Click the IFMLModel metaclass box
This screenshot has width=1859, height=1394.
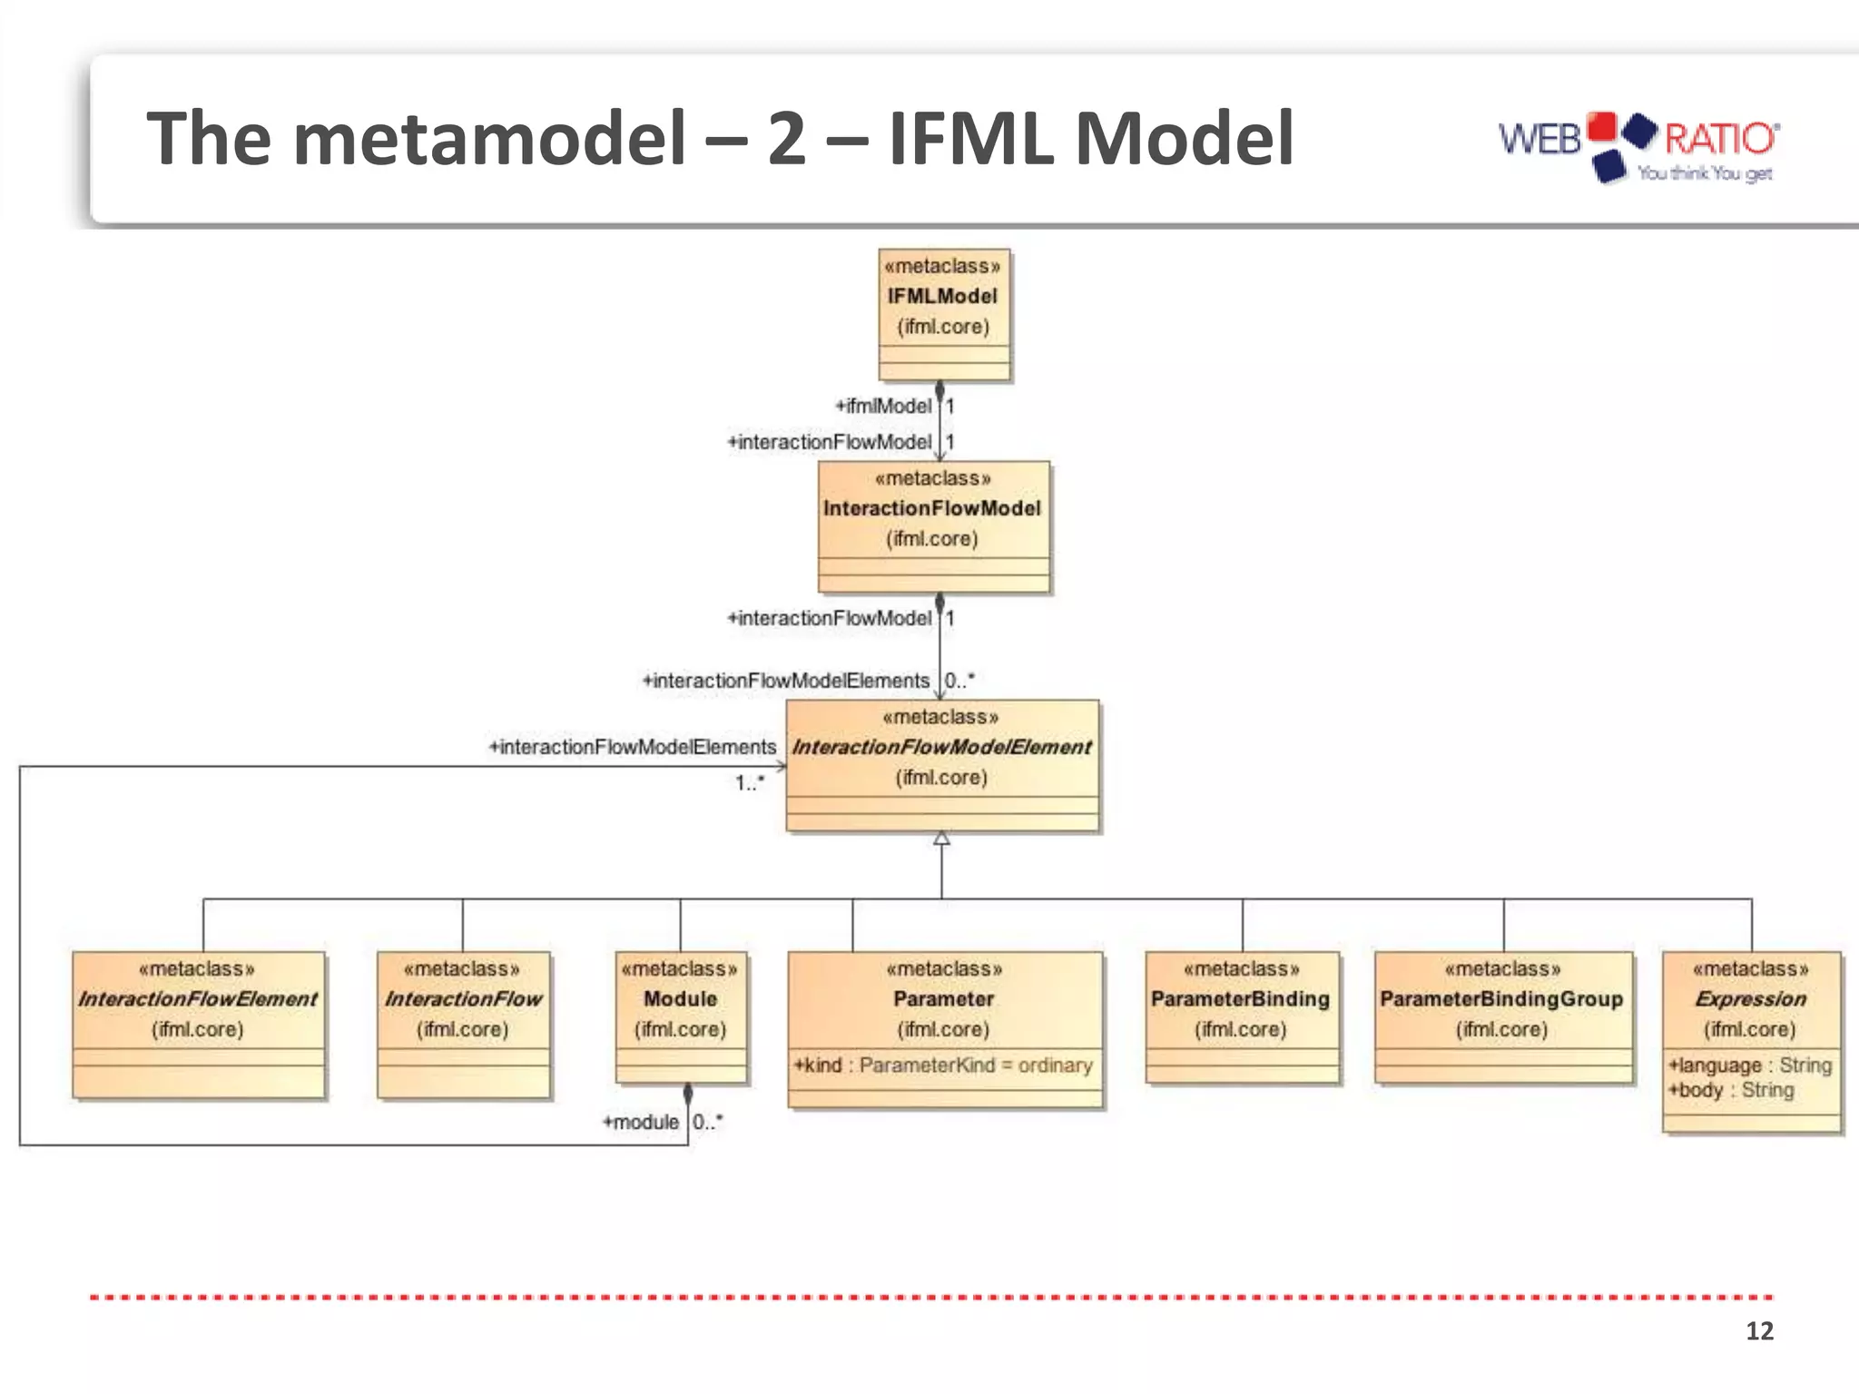(944, 314)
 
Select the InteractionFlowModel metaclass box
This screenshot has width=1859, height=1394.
(934, 526)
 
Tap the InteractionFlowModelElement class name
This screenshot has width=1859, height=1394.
(941, 747)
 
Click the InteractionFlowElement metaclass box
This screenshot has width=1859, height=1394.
(198, 1025)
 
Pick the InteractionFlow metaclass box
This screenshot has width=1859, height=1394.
(463, 1025)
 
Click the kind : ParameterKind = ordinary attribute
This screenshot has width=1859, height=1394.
(944, 1065)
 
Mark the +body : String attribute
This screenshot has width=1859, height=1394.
(1732, 1090)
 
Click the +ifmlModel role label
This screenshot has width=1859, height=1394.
(883, 406)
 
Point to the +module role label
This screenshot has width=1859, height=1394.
(641, 1123)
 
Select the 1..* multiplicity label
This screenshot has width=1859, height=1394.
(750, 782)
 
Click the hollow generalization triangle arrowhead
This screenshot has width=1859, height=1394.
(941, 839)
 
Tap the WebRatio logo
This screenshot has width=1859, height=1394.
(1638, 147)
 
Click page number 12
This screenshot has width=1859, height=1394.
(1759, 1330)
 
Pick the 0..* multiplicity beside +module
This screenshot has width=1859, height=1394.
(708, 1122)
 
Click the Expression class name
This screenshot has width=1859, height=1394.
(1751, 999)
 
